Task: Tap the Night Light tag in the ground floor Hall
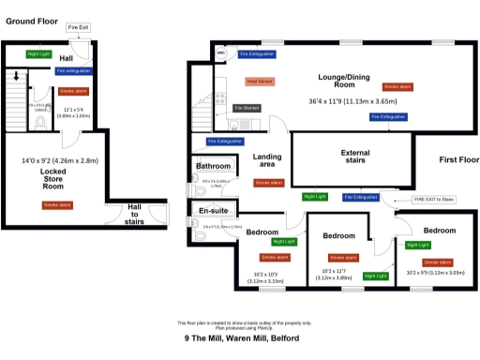pos(39,54)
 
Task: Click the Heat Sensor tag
pos(260,82)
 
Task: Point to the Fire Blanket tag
pos(247,108)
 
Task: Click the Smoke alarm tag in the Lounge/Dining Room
pos(397,86)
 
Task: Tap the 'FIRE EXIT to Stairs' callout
pos(433,200)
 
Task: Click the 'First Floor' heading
pos(458,160)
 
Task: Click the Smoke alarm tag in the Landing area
pos(269,183)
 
